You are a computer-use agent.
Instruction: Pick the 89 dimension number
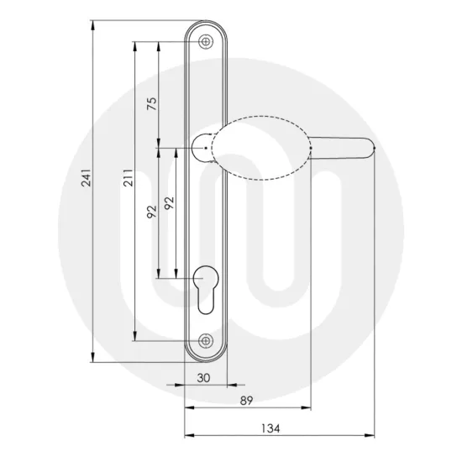coord(246,400)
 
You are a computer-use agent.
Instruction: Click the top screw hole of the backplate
coord(207,39)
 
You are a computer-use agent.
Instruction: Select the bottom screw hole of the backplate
coord(207,341)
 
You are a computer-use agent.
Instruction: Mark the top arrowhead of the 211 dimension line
coord(134,43)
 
